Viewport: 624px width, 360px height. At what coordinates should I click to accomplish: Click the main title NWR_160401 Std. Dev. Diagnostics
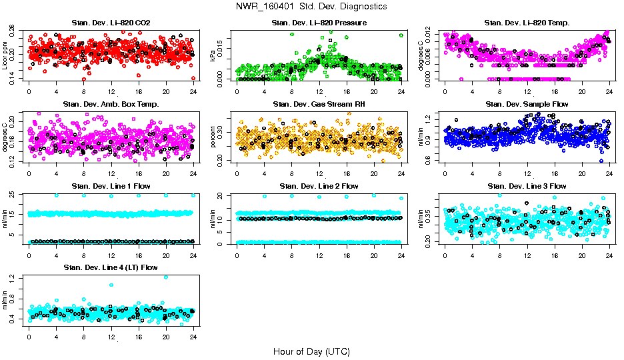(x=311, y=7)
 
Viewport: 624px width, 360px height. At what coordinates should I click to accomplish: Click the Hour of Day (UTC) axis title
(x=311, y=351)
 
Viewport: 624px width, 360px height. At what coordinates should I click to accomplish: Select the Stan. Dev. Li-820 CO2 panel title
(x=111, y=23)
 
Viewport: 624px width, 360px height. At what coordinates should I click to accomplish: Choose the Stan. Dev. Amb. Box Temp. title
(x=111, y=105)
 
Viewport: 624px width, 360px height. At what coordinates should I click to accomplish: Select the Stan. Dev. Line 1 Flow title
(x=111, y=186)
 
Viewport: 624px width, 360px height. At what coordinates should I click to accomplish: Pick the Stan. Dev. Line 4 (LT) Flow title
(x=111, y=267)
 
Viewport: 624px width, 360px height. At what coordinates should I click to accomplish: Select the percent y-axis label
(x=213, y=137)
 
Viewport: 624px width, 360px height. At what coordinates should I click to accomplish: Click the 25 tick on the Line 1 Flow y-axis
(x=13, y=195)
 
